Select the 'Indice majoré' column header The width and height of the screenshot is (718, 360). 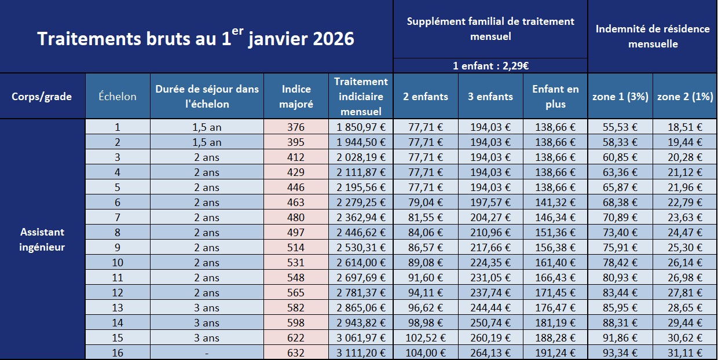296,97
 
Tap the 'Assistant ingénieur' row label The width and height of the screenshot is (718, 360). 42,240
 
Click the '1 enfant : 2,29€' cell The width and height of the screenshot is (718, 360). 490,66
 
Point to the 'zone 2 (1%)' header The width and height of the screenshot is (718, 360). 685,97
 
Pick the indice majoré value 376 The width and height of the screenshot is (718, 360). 296,127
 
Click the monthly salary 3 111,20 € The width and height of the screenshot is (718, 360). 361,352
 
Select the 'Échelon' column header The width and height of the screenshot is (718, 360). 118,97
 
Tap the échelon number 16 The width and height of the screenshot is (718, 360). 118,352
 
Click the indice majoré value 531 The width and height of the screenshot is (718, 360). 296,262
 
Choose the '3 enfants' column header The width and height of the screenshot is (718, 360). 490,97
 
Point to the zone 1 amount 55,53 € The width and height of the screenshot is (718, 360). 620,127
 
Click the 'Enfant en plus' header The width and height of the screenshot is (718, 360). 555,97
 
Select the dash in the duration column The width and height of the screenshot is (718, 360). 207,352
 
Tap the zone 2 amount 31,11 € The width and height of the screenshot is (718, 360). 685,352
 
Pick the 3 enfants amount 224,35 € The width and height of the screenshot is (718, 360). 490,262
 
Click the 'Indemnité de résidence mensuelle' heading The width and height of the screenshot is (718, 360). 653,36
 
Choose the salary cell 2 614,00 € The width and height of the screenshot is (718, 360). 361,262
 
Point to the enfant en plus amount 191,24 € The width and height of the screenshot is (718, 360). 555,352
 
